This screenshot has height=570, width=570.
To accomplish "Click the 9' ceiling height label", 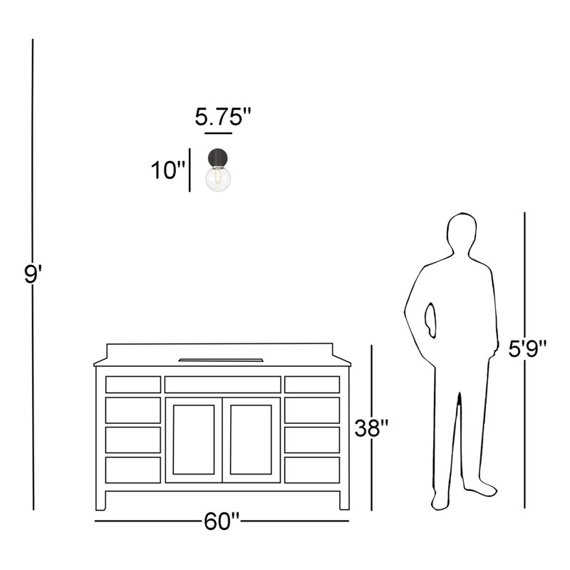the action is [x=33, y=274].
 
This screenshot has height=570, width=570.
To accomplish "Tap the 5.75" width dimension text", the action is [x=223, y=117].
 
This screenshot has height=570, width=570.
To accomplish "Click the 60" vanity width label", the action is [x=222, y=522].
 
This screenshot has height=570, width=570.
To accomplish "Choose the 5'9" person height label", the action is [x=527, y=348].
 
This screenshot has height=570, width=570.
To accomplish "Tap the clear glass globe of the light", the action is [x=218, y=179].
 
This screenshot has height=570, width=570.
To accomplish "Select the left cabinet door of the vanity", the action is [x=194, y=440].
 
